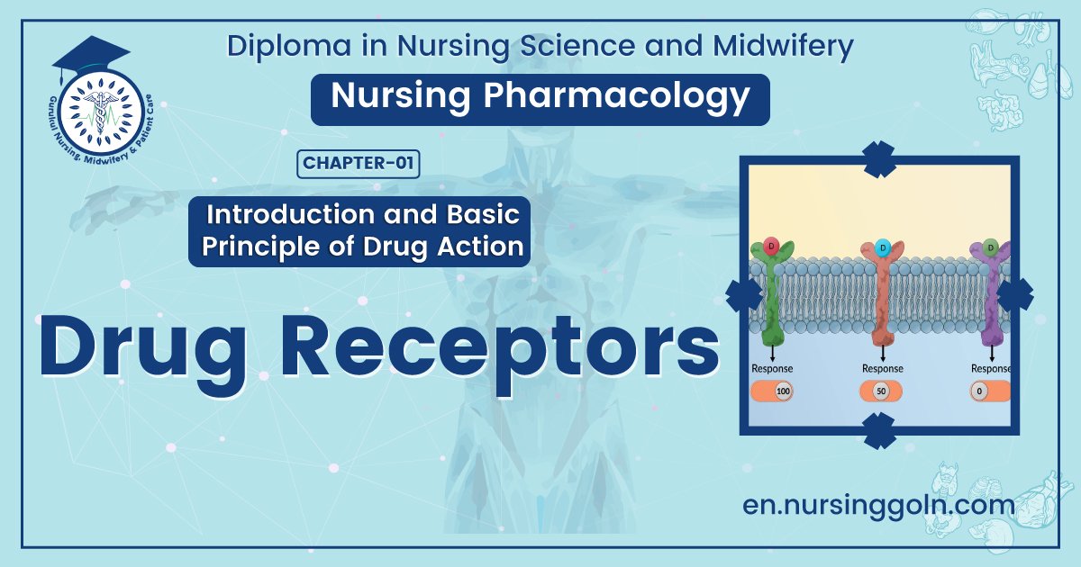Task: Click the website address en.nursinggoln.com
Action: (878, 506)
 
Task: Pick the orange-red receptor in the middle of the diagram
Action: (882, 297)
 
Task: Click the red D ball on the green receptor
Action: (771, 246)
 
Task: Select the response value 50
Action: (882, 392)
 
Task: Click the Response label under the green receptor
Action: (772, 368)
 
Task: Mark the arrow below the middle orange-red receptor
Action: (882, 353)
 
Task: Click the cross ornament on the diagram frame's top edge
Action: (879, 158)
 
